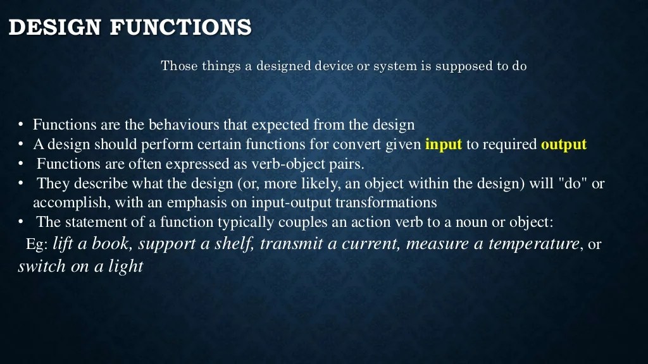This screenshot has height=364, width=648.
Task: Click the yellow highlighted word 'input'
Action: point(443,144)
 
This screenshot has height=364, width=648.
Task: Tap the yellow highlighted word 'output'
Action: point(563,144)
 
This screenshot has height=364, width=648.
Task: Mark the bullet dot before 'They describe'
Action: point(21,184)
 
